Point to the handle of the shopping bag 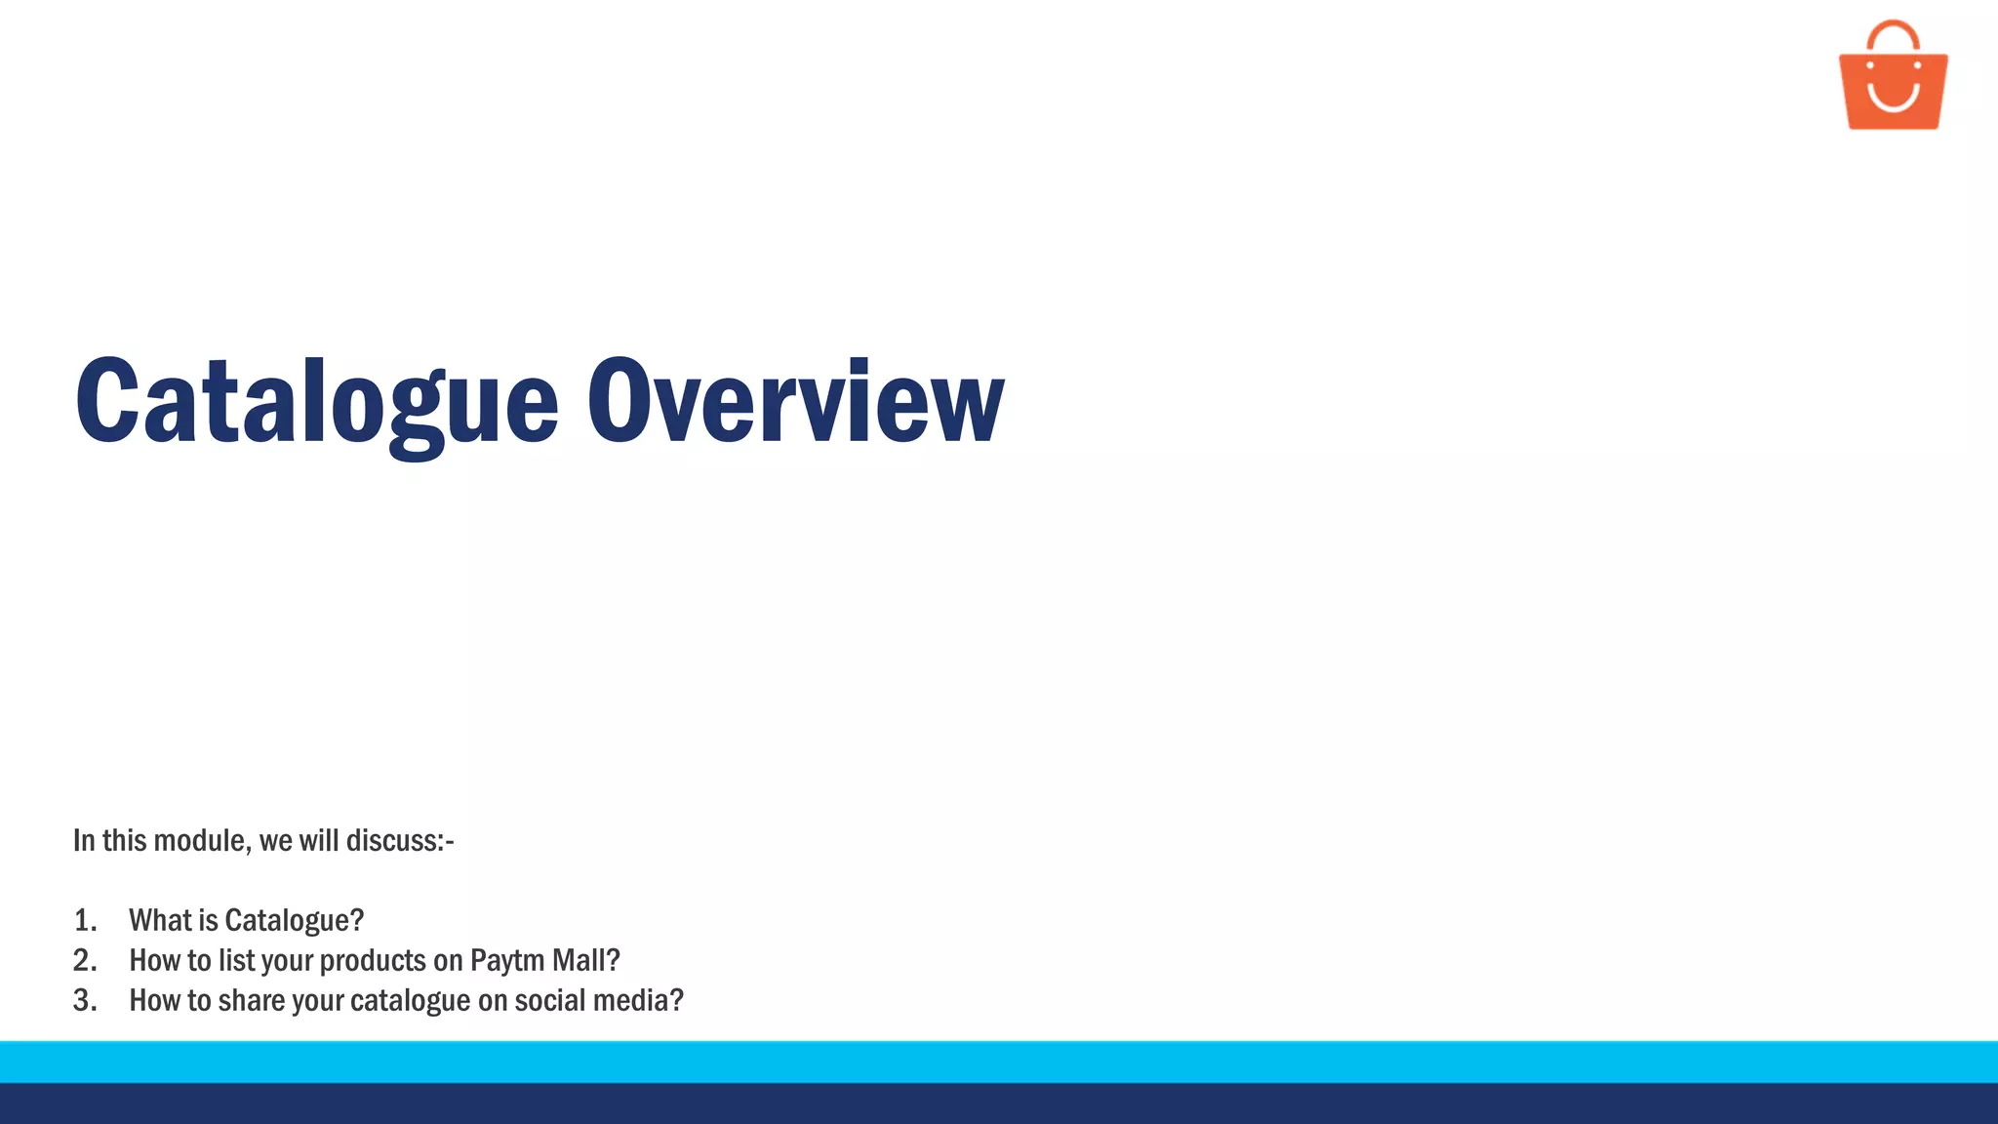point(1893,33)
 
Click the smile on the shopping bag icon point(1893,98)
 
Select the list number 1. point(85,920)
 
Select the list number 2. point(85,960)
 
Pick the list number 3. point(85,1000)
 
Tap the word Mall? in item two point(585,960)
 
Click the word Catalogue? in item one point(294,920)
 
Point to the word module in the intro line point(201,841)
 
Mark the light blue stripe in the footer point(999,1062)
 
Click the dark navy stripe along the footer point(999,1104)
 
